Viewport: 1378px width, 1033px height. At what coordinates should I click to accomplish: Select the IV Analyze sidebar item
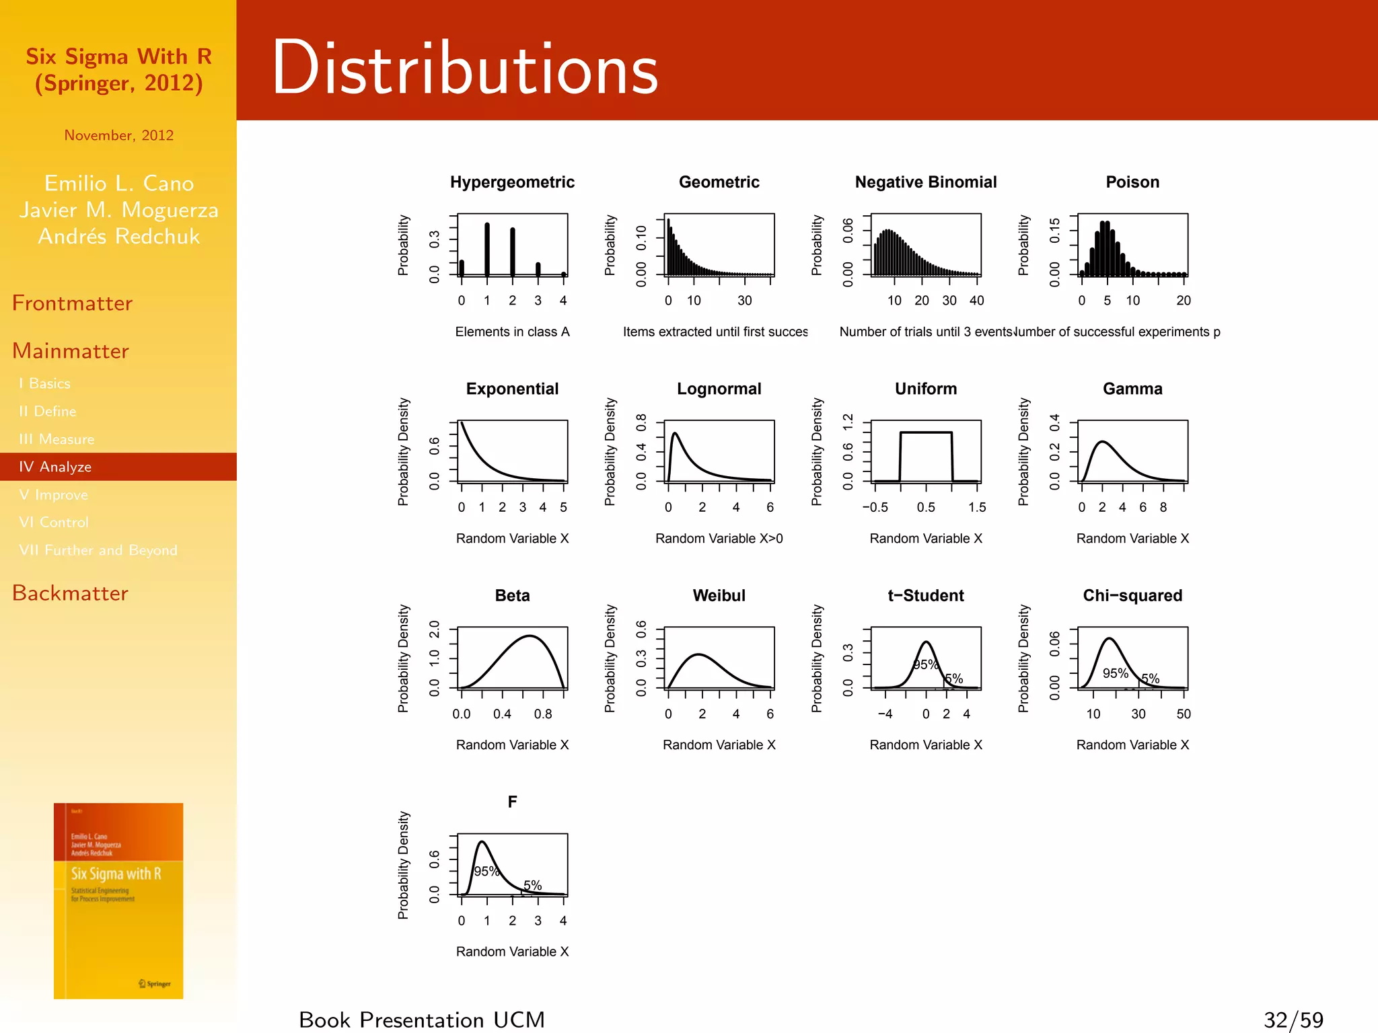coord(55,467)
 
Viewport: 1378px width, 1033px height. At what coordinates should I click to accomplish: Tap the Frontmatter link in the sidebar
coord(72,303)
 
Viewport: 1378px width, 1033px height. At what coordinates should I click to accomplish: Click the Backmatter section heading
coord(70,593)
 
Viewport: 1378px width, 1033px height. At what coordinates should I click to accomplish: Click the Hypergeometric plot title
coord(512,182)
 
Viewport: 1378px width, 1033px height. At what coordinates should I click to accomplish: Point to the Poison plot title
coord(1132,182)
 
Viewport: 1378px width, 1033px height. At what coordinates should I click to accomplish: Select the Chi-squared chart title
coord(1132,595)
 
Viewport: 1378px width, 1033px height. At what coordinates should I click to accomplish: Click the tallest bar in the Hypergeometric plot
coord(487,249)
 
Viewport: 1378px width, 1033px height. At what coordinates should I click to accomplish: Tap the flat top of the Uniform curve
coord(926,432)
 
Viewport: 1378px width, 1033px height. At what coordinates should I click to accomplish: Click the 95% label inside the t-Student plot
coord(925,664)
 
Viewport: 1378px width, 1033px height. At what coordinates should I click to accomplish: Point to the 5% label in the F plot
coord(532,885)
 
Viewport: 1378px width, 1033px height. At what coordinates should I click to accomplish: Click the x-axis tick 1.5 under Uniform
coord(977,507)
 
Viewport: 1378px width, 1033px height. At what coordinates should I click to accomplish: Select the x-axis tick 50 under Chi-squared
coord(1184,714)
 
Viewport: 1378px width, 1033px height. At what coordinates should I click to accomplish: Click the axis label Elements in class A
coord(512,332)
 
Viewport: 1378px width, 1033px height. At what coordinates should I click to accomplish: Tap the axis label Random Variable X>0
coord(719,538)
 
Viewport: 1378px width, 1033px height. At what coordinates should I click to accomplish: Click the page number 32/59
coord(1293,1020)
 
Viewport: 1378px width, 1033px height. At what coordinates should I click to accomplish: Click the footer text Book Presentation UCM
coord(422,1020)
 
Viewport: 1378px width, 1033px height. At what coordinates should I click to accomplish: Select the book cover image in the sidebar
coord(118,901)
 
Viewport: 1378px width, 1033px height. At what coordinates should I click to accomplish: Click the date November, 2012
coord(118,135)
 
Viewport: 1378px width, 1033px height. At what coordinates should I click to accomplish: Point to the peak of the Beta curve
coord(530,636)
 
